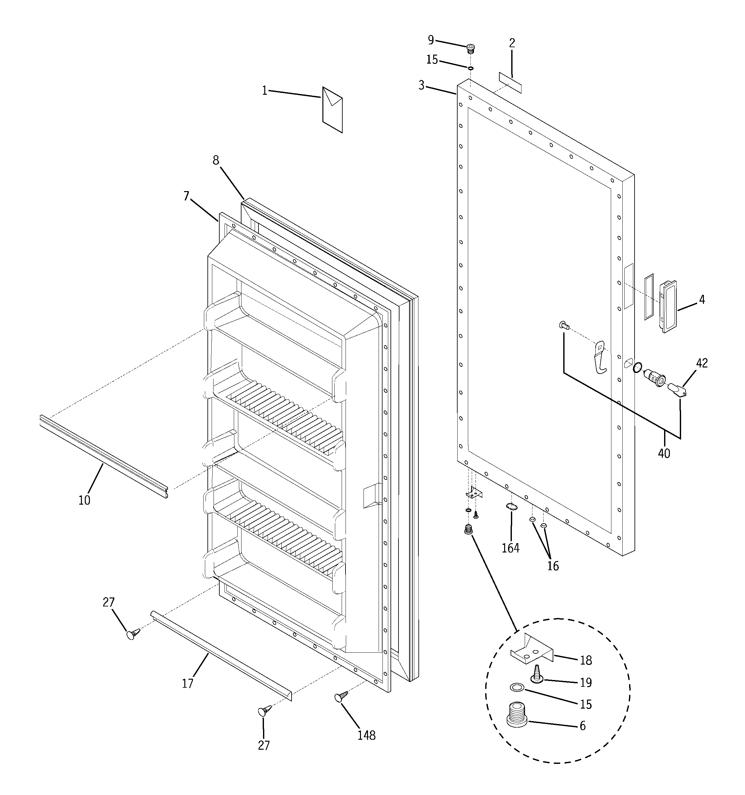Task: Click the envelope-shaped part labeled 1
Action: [x=332, y=110]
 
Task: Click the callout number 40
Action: [x=664, y=454]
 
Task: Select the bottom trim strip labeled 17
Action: [x=221, y=656]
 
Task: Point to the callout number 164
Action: [x=511, y=548]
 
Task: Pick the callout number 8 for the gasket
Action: [x=215, y=160]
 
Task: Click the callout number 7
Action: [x=186, y=196]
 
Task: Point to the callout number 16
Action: [x=553, y=566]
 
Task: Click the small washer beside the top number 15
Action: [x=471, y=68]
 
